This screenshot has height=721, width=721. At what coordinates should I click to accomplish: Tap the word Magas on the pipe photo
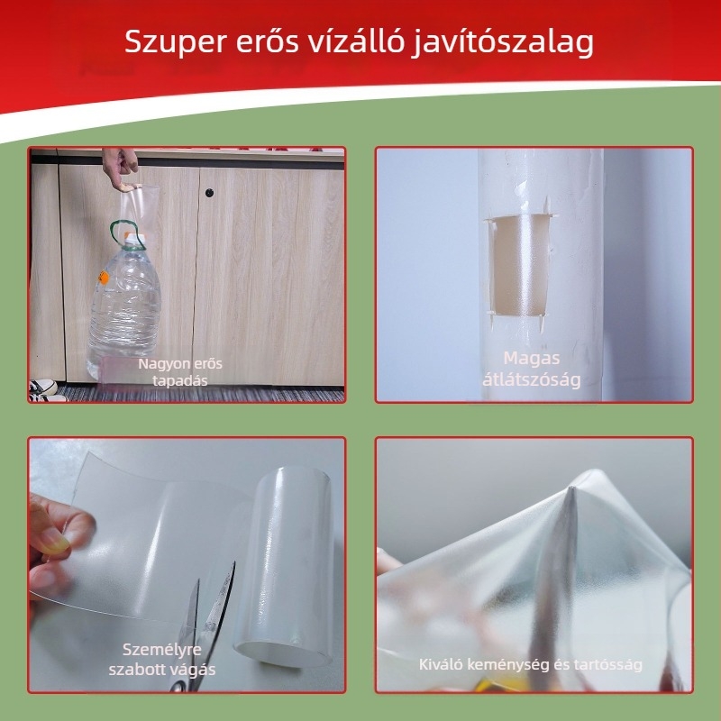[x=532, y=358]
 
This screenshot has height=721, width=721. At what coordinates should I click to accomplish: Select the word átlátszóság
[x=531, y=379]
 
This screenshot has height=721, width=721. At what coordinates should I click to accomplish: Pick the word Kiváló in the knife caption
[x=441, y=665]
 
